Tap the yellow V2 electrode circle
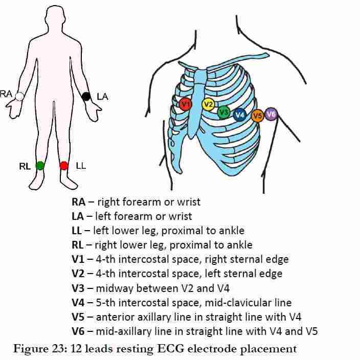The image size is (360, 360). tap(208, 105)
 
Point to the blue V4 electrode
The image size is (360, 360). tap(239, 115)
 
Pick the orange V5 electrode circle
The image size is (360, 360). tap(257, 116)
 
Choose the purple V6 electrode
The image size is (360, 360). tap(271, 114)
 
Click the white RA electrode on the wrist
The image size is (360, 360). tap(19, 96)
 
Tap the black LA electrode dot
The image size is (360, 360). tap(86, 96)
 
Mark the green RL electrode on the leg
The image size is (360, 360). tap(40, 165)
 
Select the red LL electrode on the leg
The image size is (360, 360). tap(64, 165)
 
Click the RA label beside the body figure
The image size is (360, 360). tap(7, 94)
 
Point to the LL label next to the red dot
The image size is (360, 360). tap(81, 166)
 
